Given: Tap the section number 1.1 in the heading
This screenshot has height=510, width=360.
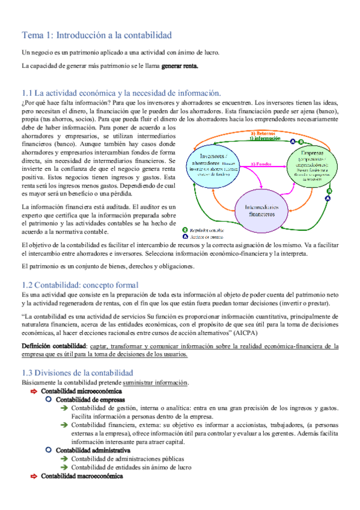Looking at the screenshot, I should (27, 93).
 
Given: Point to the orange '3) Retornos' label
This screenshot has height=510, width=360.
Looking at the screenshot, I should (264, 133).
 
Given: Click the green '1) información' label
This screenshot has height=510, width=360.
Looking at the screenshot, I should (264, 138).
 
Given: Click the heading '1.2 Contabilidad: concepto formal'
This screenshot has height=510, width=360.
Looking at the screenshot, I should (80, 284).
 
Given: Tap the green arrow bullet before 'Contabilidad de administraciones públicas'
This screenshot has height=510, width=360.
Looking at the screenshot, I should (64, 458).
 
